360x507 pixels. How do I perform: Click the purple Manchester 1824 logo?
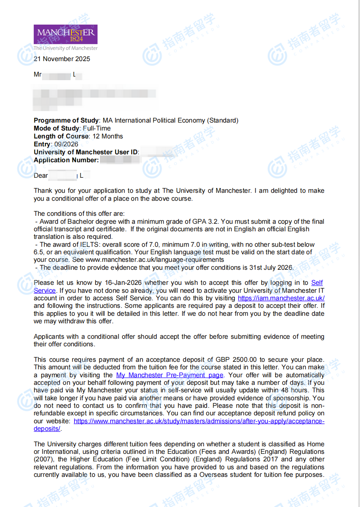point(65,34)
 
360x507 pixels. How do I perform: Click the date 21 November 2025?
point(62,59)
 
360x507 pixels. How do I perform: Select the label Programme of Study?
point(66,121)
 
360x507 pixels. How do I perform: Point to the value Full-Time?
point(97,129)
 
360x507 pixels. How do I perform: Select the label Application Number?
point(66,160)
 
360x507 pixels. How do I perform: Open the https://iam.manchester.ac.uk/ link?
point(281,298)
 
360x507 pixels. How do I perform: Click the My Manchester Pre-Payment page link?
point(170,375)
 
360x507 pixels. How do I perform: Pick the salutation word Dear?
point(41,176)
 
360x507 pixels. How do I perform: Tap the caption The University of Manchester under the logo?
point(65,48)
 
